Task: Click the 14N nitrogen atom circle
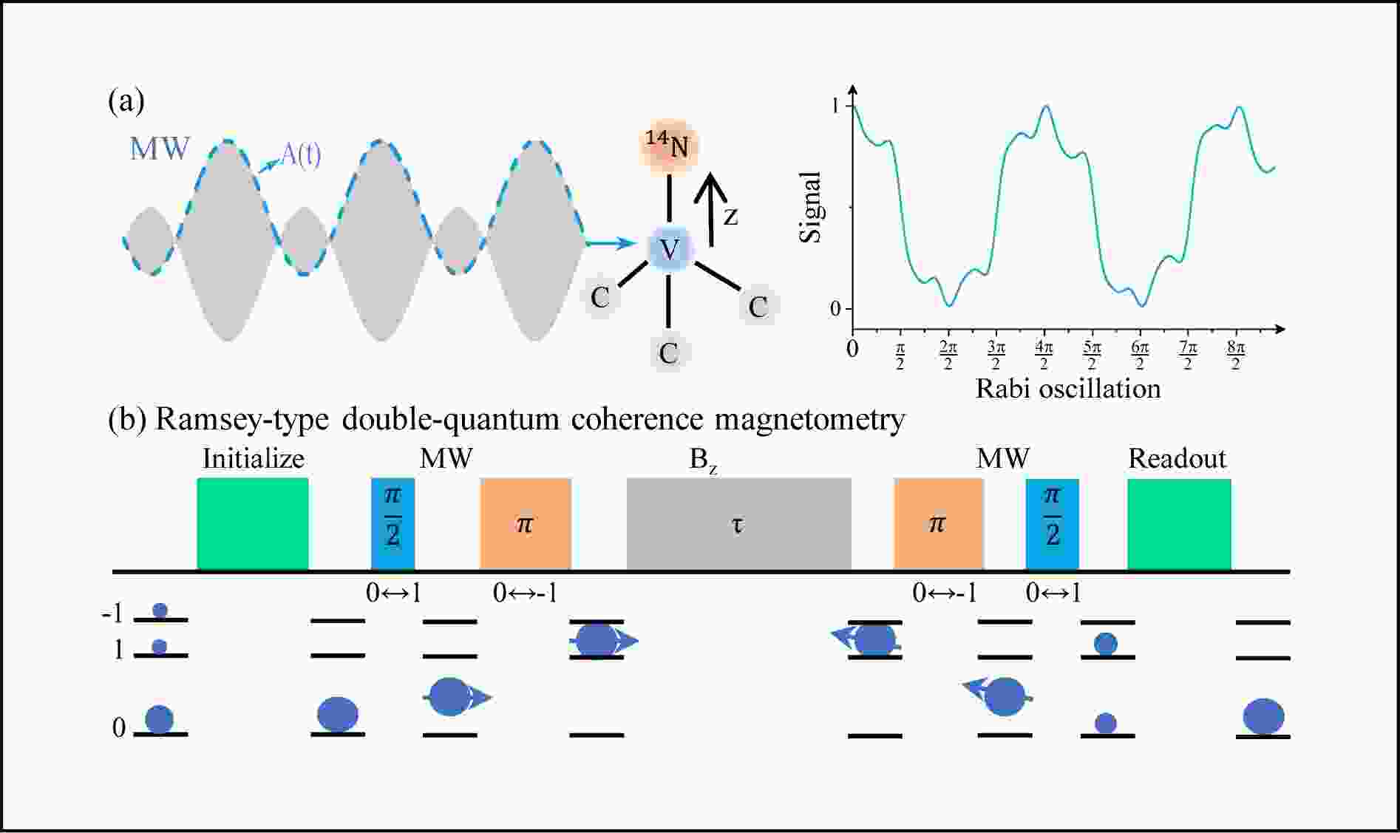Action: tap(668, 146)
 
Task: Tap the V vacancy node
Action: tap(670, 249)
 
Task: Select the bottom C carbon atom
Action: tap(668, 353)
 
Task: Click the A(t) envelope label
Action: tap(300, 155)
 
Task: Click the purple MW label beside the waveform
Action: tap(160, 149)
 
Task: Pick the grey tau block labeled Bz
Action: tap(738, 524)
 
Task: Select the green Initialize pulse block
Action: tap(253, 523)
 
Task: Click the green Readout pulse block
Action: tap(1179, 524)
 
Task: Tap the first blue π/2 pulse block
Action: tap(393, 524)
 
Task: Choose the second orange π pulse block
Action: tap(938, 524)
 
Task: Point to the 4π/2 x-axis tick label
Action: tap(1044, 355)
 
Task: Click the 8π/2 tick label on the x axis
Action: tap(1235, 355)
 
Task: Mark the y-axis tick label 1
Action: tap(835, 106)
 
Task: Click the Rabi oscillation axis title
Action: tap(1067, 389)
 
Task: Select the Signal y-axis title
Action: tap(812, 207)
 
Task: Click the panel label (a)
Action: tap(126, 101)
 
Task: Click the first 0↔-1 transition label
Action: tap(525, 593)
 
